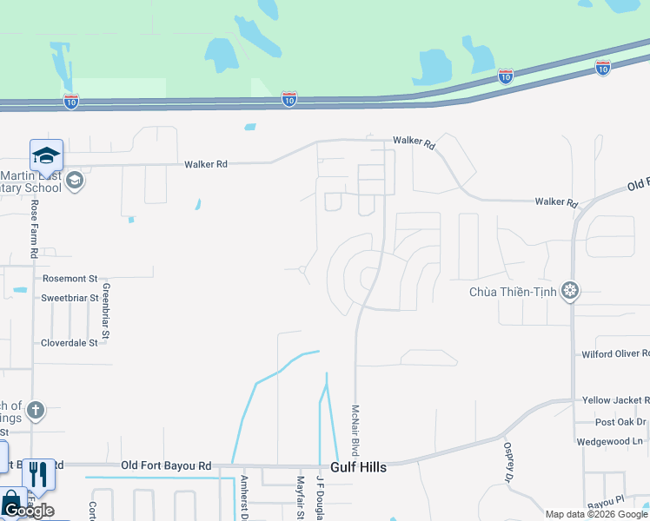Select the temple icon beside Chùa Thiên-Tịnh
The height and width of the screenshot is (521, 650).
(x=570, y=290)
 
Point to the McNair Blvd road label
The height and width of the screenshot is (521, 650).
(x=355, y=430)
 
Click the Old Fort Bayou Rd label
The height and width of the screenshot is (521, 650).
(x=166, y=466)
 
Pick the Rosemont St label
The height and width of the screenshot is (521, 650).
(x=70, y=279)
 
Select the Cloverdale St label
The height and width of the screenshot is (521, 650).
(x=70, y=343)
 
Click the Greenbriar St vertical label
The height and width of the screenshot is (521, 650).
(x=106, y=310)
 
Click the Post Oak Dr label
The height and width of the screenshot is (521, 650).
(x=620, y=422)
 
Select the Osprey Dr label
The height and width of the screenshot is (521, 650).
(x=508, y=461)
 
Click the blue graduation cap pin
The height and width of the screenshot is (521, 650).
(x=46, y=155)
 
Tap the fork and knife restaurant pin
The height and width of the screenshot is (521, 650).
(x=38, y=474)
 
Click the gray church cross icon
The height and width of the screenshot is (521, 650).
(x=35, y=410)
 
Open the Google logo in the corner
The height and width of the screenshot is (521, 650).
(x=28, y=511)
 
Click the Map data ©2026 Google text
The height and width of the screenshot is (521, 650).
(x=597, y=514)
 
